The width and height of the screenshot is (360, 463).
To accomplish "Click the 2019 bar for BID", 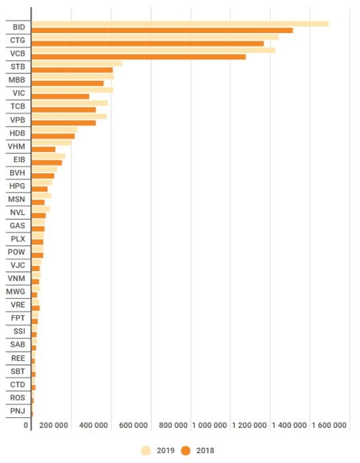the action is pyautogui.click(x=180, y=24).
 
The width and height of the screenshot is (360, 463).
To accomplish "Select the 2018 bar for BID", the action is pyautogui.click(x=162, y=30).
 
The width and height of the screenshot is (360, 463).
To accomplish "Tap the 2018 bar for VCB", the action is pyautogui.click(x=138, y=57).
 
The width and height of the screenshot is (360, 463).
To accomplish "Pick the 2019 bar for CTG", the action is pyautogui.click(x=155, y=37).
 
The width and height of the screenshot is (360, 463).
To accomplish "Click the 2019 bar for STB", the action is pyautogui.click(x=77, y=63).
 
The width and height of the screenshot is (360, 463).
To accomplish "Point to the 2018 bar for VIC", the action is pyautogui.click(x=60, y=97).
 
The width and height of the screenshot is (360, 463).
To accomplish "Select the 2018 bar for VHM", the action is pyautogui.click(x=44, y=149).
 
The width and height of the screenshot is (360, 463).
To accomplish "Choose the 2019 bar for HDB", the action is pyautogui.click(x=55, y=130).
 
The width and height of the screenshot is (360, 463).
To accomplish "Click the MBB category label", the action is pyautogui.click(x=17, y=80).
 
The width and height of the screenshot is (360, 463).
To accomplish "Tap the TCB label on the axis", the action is pyautogui.click(x=18, y=106).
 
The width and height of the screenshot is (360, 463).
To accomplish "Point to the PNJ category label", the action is pyautogui.click(x=17, y=411).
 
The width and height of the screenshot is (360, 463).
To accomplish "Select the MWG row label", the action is pyautogui.click(x=16, y=292).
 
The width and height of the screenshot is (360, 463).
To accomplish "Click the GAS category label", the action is pyautogui.click(x=17, y=226).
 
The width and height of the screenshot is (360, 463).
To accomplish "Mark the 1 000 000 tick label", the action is pyautogui.click(x=209, y=425).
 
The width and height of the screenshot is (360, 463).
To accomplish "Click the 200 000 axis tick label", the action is pyautogui.click(x=54, y=425).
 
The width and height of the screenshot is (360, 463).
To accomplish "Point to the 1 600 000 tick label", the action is pyautogui.click(x=329, y=425).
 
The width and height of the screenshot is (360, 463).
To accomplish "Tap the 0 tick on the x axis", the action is pyautogui.click(x=26, y=425).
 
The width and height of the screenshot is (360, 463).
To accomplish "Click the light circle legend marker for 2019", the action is pyautogui.click(x=146, y=450).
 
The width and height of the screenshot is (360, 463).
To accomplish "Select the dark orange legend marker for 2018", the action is pyautogui.click(x=186, y=450).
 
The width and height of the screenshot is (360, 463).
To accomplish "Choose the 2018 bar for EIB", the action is pyautogui.click(x=47, y=163).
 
